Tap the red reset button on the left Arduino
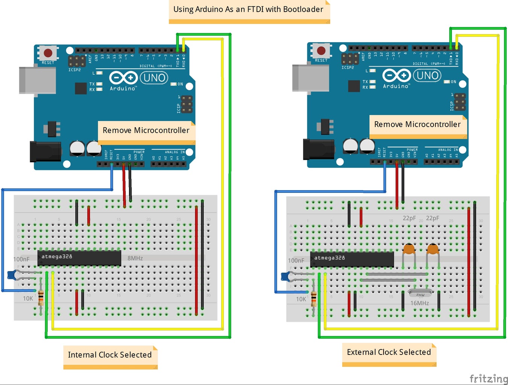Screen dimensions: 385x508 click(48, 53)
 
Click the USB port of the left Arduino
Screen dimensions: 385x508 click(37, 80)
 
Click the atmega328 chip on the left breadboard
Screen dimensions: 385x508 click(79, 258)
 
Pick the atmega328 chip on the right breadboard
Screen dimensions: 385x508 click(352, 259)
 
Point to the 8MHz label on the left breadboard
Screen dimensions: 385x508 click(135, 258)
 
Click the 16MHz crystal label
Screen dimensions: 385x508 click(419, 303)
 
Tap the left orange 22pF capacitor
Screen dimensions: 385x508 click(409, 249)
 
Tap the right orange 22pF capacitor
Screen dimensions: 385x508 click(433, 249)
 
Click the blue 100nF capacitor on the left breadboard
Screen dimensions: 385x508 click(12, 275)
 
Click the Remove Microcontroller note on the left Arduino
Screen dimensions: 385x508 click(146, 131)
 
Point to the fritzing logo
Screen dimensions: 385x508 click(488, 378)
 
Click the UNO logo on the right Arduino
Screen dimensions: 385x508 click(428, 76)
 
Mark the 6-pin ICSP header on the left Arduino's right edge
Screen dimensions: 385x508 click(187, 104)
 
